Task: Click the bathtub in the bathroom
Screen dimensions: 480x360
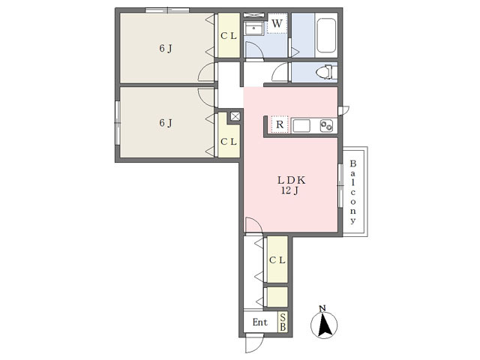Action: (326, 35)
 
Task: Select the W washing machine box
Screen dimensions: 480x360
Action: (277, 23)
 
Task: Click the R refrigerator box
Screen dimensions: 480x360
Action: (280, 124)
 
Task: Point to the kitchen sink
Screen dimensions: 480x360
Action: (301, 126)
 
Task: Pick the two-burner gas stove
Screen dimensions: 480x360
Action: (326, 126)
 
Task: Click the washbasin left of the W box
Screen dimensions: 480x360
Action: (254, 28)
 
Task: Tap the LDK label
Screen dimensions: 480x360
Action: (291, 180)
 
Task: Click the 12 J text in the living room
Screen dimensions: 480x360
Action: (289, 190)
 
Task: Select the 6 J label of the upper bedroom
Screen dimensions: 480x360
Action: (166, 48)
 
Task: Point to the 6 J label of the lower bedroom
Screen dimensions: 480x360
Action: (166, 123)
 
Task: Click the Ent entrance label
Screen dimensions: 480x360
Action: (260, 322)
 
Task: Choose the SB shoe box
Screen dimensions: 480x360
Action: (283, 322)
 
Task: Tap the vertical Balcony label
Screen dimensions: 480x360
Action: (353, 192)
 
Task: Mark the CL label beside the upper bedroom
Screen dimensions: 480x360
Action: (229, 36)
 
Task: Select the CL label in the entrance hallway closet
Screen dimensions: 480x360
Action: (277, 260)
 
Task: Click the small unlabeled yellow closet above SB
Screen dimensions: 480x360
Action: (277, 297)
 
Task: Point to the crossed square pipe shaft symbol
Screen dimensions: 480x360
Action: (235, 116)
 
